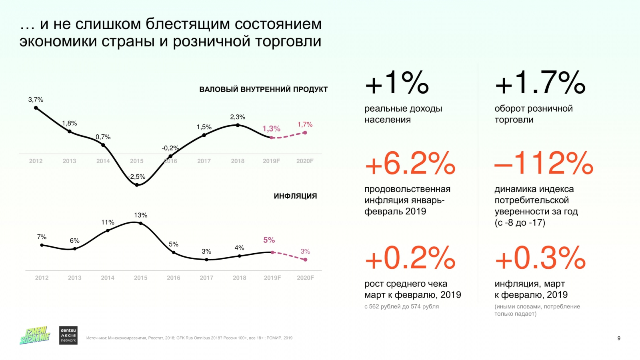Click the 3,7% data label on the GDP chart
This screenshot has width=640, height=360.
click(36, 100)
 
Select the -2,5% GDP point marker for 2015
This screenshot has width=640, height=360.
click(137, 185)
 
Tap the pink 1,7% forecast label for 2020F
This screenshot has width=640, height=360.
click(305, 125)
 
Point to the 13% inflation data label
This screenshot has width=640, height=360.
click(140, 215)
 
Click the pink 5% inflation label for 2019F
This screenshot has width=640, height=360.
click(269, 240)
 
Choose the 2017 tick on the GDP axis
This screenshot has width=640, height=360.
click(204, 161)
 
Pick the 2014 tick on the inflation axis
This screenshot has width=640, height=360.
click(108, 278)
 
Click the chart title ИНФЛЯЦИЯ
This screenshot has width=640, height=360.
click(295, 196)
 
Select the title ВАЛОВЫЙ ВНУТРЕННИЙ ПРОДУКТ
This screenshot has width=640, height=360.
click(263, 90)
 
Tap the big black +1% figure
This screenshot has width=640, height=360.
click(397, 83)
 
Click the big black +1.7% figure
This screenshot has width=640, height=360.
click(540, 83)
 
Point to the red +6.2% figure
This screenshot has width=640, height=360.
click(410, 163)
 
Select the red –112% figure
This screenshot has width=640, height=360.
click(544, 163)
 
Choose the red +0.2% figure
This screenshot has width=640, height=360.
click(410, 258)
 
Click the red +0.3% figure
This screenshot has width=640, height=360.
click(540, 258)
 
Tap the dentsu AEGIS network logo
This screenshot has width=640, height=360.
click(68, 335)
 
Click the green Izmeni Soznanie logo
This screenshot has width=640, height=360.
click(35, 335)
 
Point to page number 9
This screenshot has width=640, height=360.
click(619, 338)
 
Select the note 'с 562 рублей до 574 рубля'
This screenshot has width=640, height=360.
click(401, 306)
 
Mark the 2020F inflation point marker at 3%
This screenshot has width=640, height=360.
click(306, 260)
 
